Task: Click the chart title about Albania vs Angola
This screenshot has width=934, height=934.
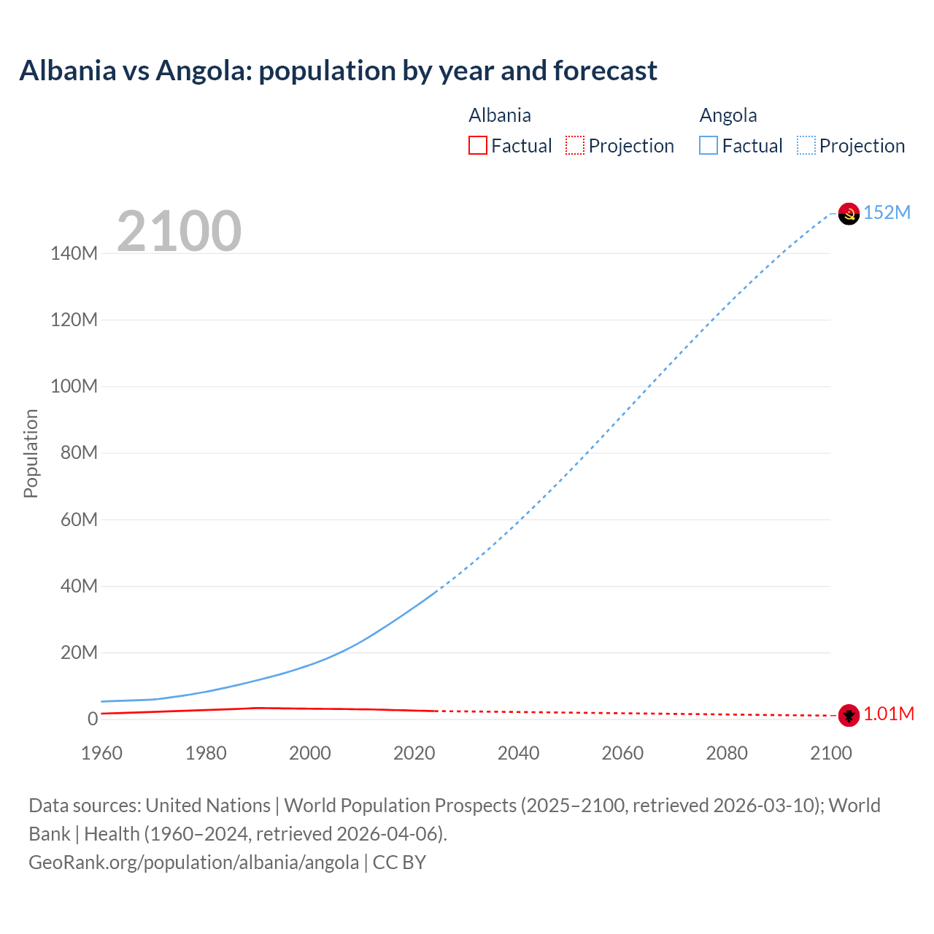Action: [x=338, y=71]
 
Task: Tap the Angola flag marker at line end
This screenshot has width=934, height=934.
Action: [x=849, y=214]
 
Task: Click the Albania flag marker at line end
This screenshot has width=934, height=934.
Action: [x=849, y=715]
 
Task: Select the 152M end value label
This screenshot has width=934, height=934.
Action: [x=887, y=212]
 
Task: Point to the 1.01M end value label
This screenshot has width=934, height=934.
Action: [x=888, y=714]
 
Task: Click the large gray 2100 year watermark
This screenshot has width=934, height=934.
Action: [x=179, y=231]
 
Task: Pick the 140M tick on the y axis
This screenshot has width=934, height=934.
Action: [x=74, y=254]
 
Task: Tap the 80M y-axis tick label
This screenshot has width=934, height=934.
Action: [x=78, y=453]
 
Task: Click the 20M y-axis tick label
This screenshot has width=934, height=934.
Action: [x=78, y=652]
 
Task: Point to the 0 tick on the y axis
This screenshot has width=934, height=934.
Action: [x=93, y=719]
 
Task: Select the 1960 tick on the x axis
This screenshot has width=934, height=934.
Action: [x=101, y=753]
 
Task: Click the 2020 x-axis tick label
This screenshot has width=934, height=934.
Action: [x=414, y=753]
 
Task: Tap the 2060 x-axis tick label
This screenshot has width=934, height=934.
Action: [x=622, y=753]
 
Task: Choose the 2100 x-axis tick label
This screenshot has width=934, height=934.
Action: [x=830, y=753]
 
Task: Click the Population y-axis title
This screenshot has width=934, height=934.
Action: [x=31, y=453]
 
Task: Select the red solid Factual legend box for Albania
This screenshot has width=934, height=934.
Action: [x=477, y=146]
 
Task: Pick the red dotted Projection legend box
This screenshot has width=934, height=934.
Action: [x=575, y=146]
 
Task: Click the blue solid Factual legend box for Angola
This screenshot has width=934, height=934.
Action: [x=709, y=146]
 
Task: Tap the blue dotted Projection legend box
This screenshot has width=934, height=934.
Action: [x=806, y=146]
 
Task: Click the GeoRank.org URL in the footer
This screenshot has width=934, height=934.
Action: [x=193, y=862]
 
